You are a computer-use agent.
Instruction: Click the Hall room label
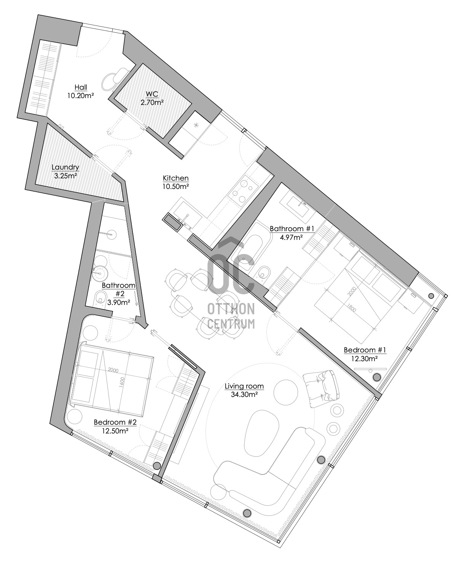(81, 87)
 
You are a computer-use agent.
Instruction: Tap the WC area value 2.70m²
(152, 102)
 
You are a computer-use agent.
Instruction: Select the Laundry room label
(65, 167)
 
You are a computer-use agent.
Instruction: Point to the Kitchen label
(176, 178)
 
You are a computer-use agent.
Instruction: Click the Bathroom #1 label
(292, 229)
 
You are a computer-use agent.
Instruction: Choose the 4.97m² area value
(292, 237)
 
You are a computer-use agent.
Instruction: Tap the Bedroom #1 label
(365, 350)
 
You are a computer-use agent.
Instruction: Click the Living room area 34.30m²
(244, 394)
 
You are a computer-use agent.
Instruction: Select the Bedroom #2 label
(115, 422)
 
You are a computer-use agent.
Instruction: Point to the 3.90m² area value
(119, 302)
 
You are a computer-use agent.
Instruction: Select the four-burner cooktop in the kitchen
(243, 191)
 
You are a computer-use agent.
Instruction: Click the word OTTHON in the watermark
(231, 309)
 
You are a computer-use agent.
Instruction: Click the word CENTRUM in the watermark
(231, 324)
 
